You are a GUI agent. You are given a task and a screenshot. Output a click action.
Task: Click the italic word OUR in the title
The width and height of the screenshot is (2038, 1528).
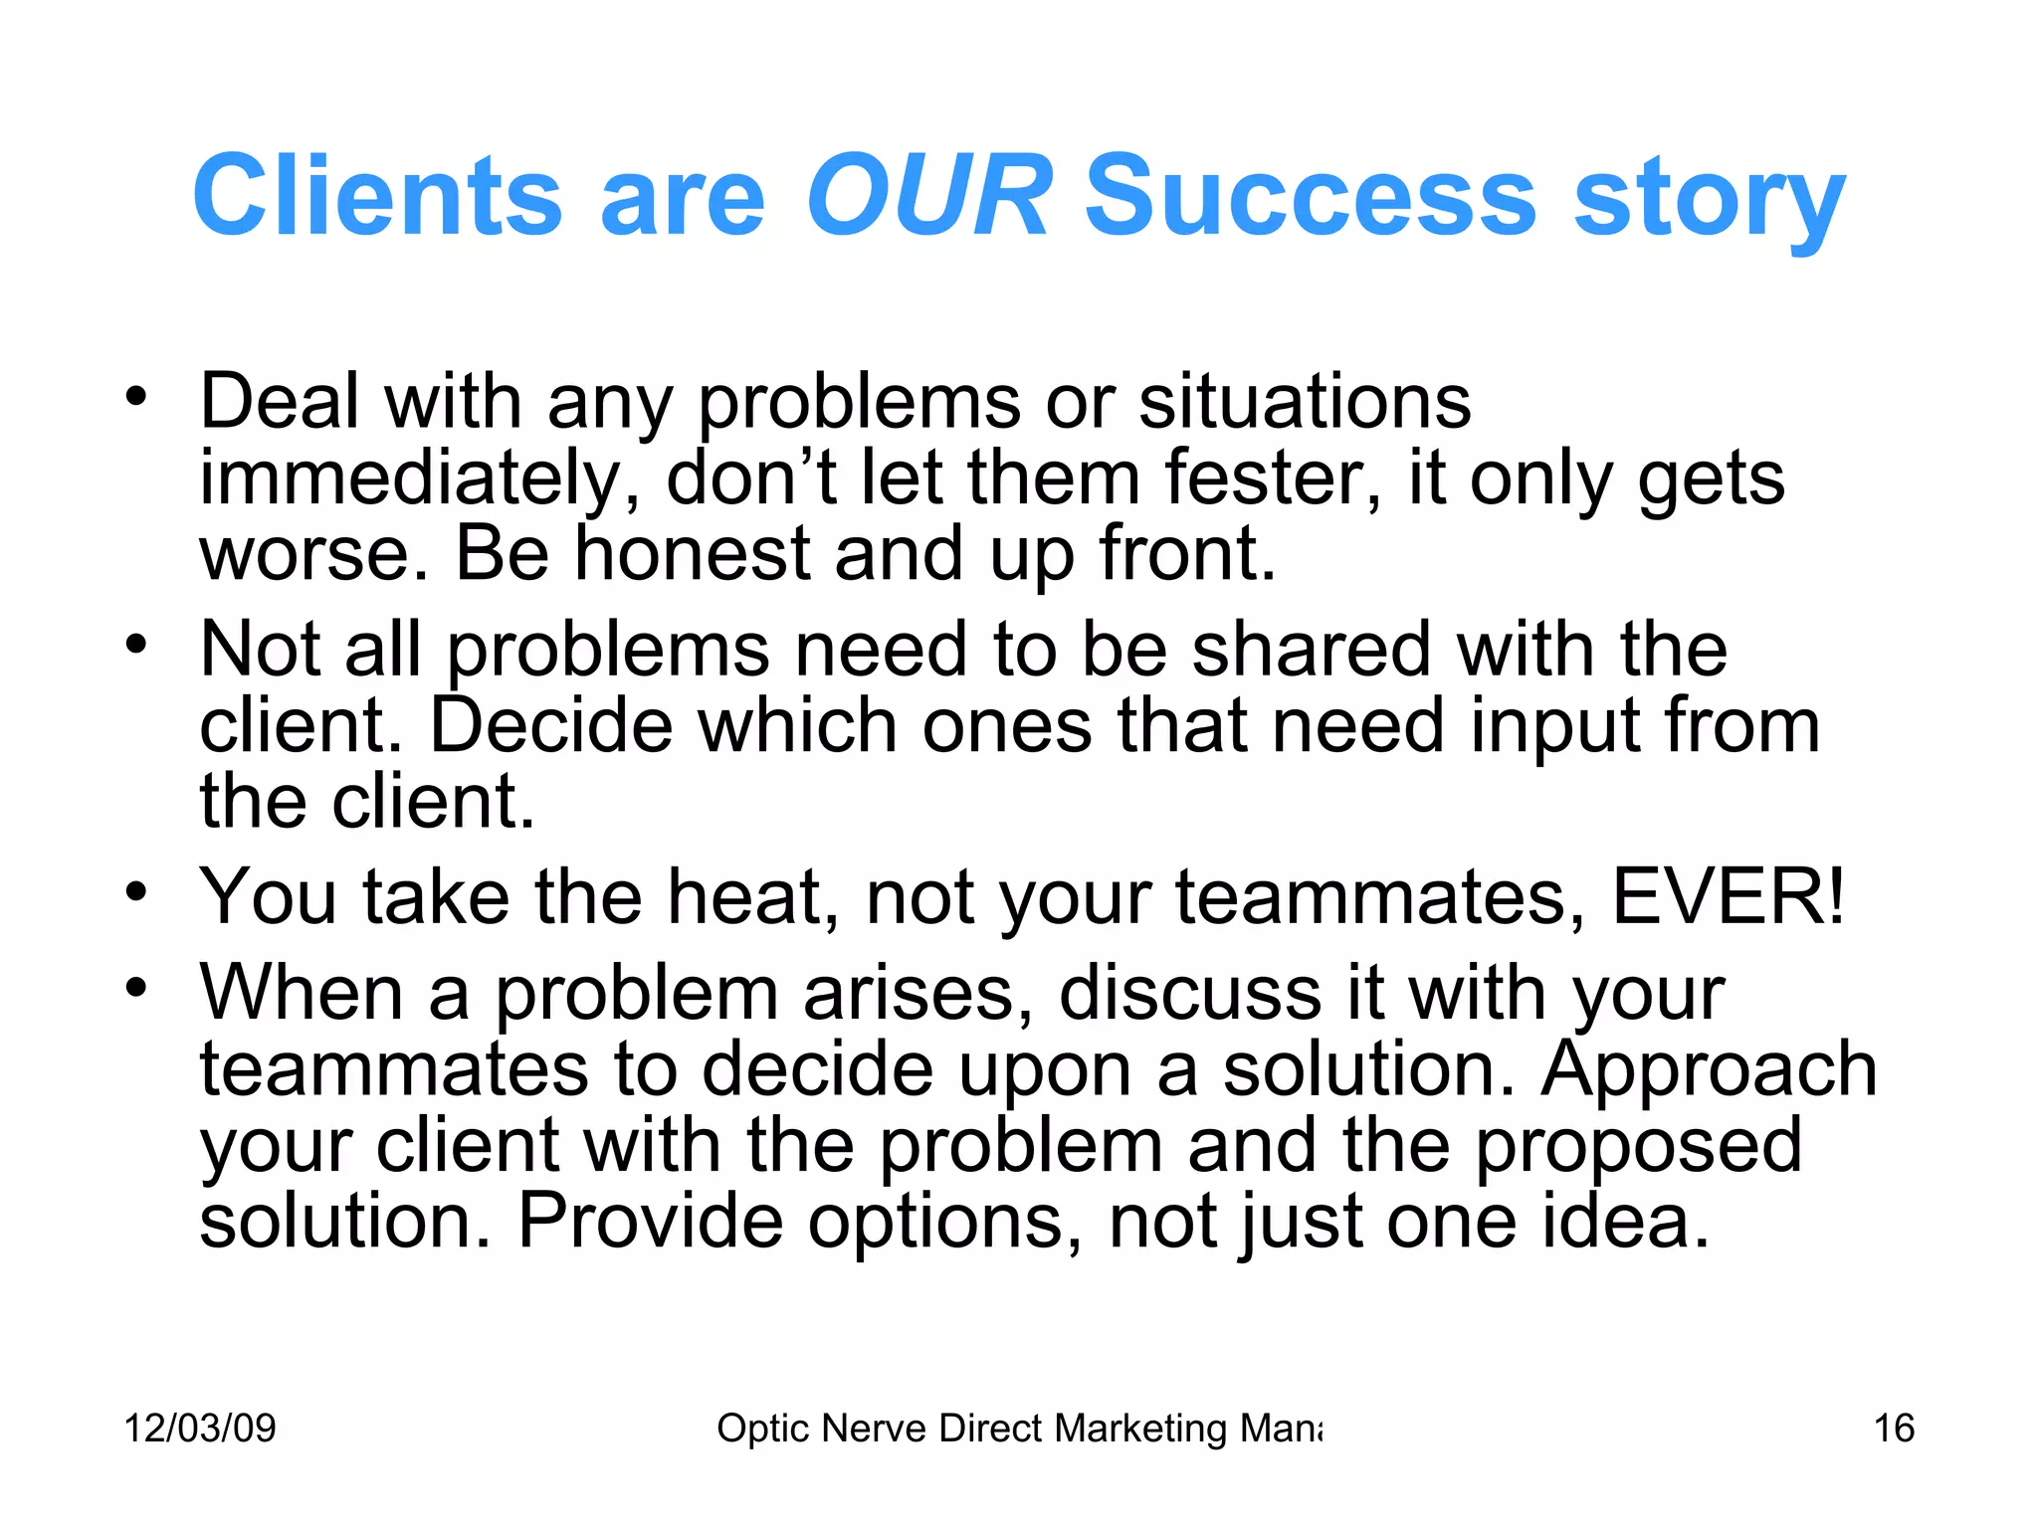(927, 196)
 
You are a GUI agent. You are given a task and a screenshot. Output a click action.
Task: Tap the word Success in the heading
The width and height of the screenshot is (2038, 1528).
(1310, 196)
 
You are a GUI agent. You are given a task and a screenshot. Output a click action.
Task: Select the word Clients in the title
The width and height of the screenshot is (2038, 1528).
(377, 196)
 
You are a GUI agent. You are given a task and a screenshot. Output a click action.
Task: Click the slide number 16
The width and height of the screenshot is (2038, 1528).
(1894, 1429)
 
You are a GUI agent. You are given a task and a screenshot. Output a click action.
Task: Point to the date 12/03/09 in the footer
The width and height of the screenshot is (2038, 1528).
(200, 1429)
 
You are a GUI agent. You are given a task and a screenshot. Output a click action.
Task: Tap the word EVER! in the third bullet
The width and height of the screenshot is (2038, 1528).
(1728, 897)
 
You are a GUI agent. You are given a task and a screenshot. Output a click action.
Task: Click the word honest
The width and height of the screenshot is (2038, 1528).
(693, 554)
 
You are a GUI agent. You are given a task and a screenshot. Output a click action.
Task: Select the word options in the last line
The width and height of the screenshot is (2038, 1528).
(943, 1223)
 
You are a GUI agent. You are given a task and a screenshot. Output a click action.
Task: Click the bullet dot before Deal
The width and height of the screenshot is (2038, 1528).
(136, 398)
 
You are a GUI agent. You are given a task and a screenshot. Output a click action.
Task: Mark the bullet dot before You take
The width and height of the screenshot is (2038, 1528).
(136, 892)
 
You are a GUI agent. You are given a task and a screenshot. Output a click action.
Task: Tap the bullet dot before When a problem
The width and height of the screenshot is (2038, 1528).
(136, 989)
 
